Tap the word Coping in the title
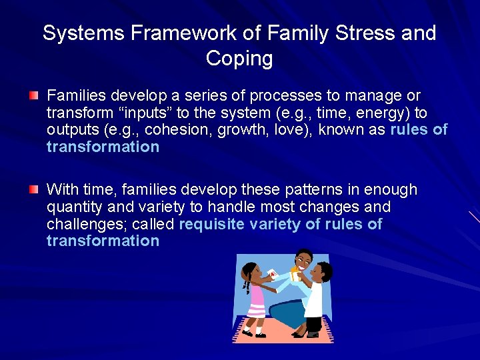pyautogui.click(x=239, y=59)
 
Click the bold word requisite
pyautogui.click(x=211, y=223)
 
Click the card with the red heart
pyautogui.click(x=272, y=273)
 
